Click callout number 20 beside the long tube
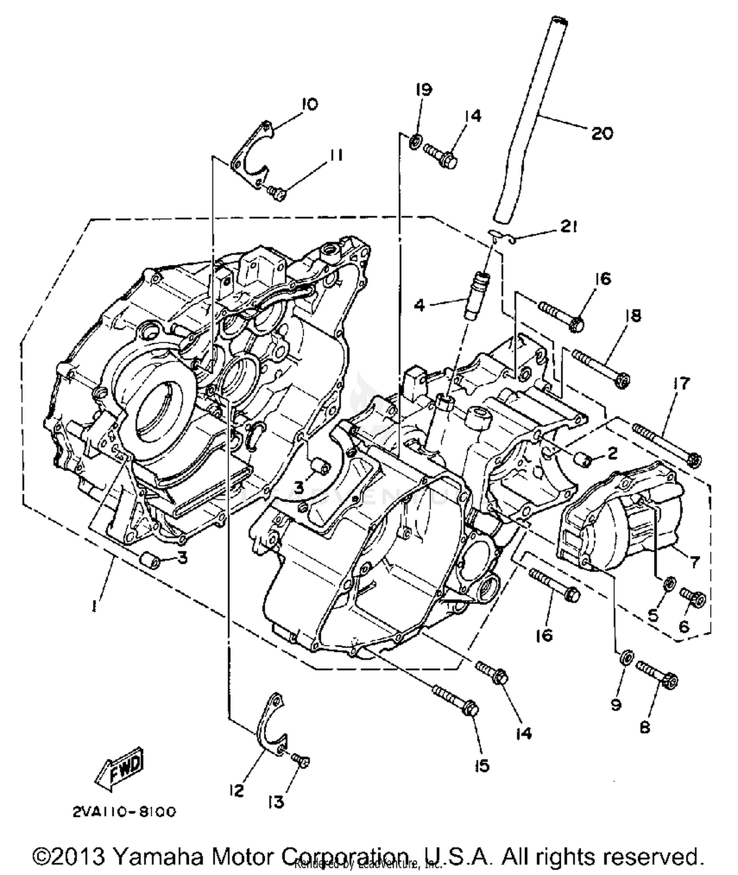click(x=602, y=133)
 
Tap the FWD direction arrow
click(x=121, y=768)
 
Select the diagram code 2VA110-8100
click(x=124, y=812)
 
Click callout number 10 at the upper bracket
click(x=309, y=104)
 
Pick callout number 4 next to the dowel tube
click(x=419, y=305)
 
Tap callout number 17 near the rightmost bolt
click(x=682, y=383)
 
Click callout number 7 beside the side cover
click(x=694, y=561)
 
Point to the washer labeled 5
click(x=668, y=584)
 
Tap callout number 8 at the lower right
click(x=645, y=727)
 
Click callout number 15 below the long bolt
click(x=482, y=765)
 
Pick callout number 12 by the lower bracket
click(x=236, y=791)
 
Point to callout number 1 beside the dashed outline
click(x=93, y=607)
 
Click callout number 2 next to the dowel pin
click(x=612, y=453)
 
